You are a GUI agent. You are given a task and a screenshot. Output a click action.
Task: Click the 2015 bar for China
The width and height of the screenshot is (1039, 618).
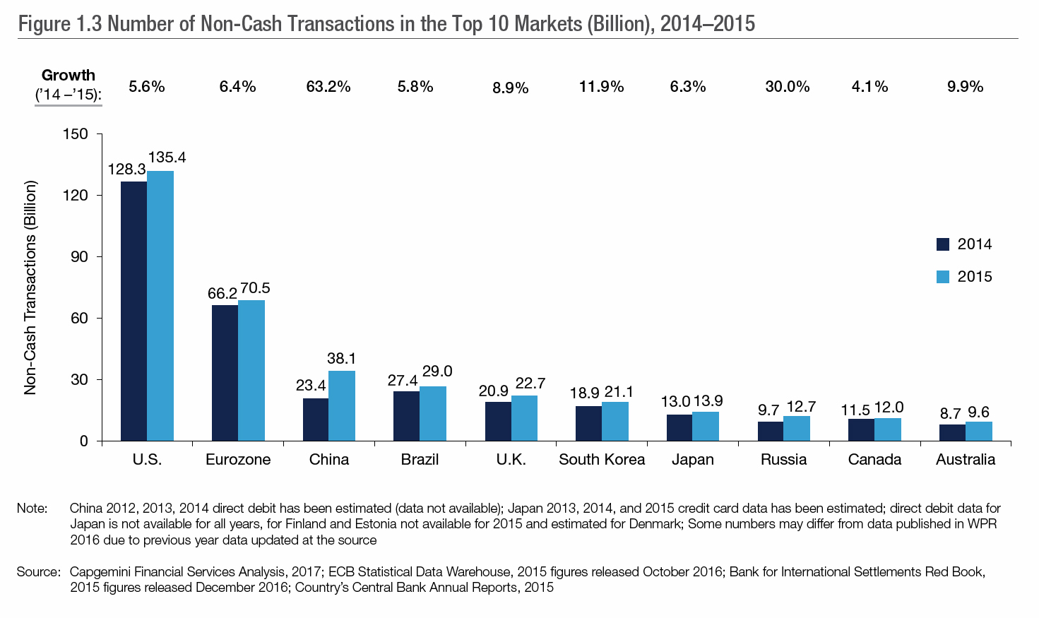342,405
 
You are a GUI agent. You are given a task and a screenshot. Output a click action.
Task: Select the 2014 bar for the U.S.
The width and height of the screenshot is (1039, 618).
133,311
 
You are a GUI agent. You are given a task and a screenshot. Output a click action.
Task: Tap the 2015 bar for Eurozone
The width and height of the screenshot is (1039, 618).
251,370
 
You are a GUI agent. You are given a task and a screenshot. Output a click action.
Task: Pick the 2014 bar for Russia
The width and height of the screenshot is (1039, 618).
771,431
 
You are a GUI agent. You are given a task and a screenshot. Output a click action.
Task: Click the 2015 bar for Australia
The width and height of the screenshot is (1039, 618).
979,431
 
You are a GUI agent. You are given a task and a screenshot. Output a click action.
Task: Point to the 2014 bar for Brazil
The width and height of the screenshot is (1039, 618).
406,416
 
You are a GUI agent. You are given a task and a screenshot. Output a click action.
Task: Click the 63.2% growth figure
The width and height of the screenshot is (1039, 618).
328,87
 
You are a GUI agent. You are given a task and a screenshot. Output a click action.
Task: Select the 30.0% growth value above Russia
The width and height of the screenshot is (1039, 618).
787,87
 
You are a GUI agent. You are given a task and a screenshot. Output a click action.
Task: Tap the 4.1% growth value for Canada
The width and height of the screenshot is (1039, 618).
869,87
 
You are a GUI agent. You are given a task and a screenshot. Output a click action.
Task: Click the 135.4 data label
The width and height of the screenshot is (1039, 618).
167,158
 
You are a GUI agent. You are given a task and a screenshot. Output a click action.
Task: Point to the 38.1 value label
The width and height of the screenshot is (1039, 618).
342,359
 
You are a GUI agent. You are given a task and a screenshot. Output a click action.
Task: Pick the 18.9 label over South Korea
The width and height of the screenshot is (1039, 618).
585,393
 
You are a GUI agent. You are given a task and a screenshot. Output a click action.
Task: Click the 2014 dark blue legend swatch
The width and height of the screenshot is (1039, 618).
942,244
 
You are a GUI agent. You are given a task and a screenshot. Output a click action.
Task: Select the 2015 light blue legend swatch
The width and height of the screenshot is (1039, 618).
942,277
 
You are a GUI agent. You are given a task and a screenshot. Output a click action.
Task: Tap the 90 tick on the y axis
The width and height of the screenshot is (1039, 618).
79,256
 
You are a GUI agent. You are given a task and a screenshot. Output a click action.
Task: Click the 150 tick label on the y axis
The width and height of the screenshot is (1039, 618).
76,134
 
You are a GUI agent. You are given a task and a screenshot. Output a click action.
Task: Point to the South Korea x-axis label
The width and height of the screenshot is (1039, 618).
602,460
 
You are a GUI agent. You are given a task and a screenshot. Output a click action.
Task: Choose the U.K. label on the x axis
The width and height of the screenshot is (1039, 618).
511,460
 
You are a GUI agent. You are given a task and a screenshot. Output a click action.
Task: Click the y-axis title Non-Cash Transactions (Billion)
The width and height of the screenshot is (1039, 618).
30,288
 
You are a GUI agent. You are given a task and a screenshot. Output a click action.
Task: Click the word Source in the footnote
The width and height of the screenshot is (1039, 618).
38,571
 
